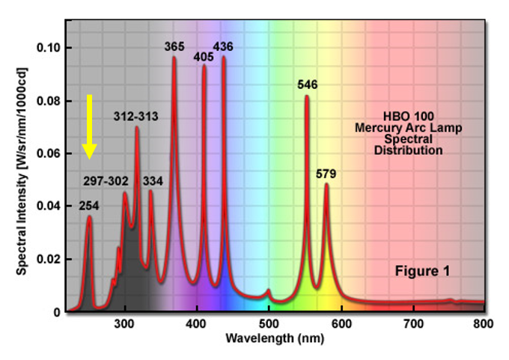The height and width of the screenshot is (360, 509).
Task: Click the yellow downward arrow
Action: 89,126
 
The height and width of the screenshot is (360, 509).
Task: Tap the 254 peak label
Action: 89,206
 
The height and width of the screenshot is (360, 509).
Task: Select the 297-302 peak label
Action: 106,181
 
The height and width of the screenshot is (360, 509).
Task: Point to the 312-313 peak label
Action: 135,117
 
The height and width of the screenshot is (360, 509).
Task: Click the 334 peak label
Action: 153,181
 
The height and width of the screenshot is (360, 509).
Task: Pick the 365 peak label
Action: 174,46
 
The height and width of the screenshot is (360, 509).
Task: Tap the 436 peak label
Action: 223,46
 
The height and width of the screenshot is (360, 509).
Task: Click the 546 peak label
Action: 307,85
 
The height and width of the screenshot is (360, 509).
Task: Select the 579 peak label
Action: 326,174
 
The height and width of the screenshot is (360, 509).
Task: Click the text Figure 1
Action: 422,271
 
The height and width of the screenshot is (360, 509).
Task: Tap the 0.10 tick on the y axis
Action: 49,48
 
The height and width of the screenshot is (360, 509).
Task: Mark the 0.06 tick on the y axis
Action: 49,153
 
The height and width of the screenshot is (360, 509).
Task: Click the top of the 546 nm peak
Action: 307,96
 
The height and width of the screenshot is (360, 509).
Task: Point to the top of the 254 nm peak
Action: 89,217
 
